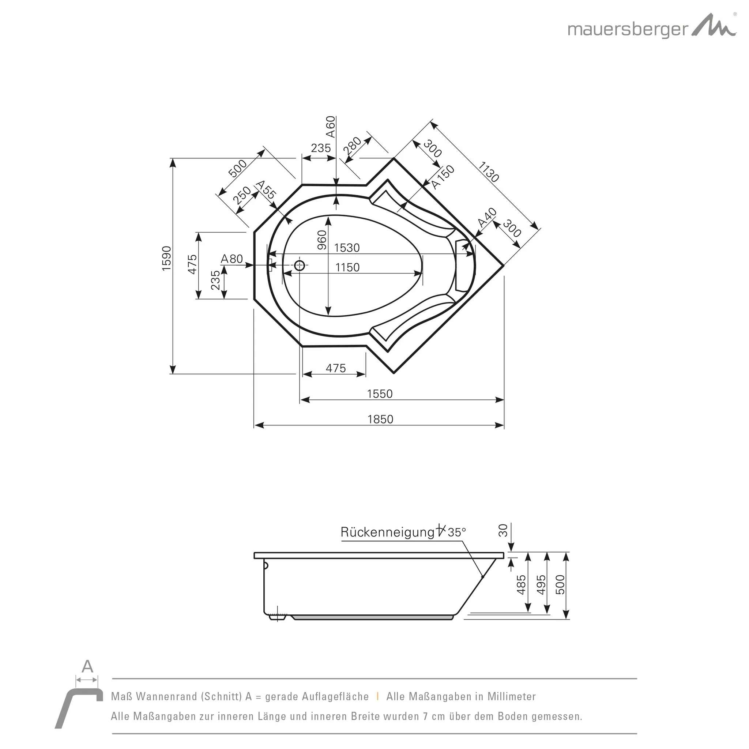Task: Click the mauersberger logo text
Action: coord(628,30)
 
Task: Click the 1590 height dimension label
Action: coord(166,258)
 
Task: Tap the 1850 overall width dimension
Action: coord(380,419)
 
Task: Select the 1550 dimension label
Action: coord(380,394)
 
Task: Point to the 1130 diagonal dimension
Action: coord(488,172)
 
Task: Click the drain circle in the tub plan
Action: coord(299,266)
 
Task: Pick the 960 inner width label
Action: coord(322,240)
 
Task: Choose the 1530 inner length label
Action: coord(347,247)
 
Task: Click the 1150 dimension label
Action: coord(347,267)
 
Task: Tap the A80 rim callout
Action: coord(232,259)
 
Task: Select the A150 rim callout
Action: coord(443,177)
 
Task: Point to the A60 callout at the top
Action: coord(330,127)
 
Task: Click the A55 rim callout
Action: coord(266,189)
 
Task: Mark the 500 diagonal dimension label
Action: coord(237,168)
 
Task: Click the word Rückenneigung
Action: coord(387,532)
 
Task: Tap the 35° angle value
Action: coord(457,532)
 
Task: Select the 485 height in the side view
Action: coord(522,585)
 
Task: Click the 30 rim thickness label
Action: coord(503,530)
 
